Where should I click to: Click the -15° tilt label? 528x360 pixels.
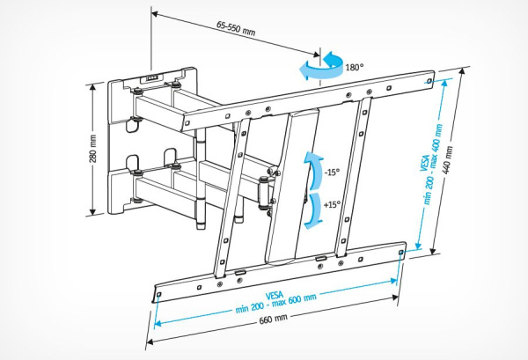pos(331,173)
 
